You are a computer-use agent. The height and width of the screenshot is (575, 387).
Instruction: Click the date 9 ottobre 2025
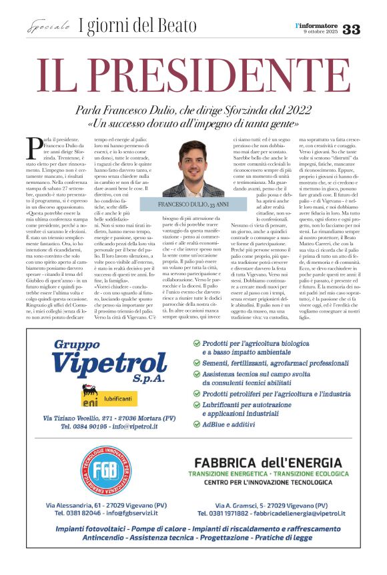321,32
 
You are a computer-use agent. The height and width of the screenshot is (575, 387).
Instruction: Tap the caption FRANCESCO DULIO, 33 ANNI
193,205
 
